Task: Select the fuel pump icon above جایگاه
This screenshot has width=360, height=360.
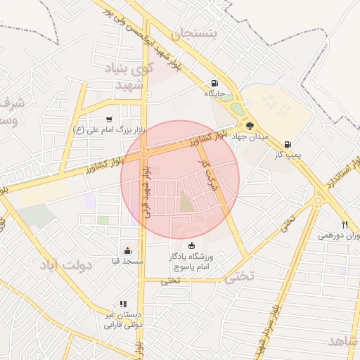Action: click(214, 82)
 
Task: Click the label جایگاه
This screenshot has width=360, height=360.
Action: click(214, 93)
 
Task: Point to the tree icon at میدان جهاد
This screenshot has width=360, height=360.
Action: click(249, 125)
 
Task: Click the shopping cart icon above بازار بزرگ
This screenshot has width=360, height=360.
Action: click(108, 120)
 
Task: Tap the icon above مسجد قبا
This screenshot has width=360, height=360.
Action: click(127, 250)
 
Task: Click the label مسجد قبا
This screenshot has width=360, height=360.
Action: click(127, 261)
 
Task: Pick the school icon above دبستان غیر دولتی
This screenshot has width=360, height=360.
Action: click(123, 304)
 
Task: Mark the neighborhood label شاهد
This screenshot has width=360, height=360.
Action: click(342, 340)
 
